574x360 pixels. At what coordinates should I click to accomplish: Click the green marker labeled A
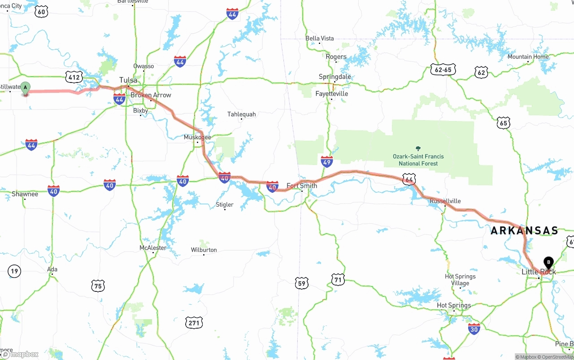26,88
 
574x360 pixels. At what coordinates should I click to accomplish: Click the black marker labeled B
548,262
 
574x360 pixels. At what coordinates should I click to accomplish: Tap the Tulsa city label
128,80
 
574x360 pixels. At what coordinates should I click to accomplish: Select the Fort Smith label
302,186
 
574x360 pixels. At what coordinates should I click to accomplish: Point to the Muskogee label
197,137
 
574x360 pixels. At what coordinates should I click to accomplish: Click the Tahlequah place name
242,114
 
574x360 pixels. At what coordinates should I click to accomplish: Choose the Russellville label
445,201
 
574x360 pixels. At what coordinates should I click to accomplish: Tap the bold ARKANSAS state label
524,231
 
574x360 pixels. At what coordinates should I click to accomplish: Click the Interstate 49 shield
327,162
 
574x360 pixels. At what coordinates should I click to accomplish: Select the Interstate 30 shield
474,329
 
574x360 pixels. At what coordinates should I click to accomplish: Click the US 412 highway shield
74,77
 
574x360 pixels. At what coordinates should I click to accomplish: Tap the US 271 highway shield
194,322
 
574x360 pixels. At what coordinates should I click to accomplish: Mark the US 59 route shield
302,283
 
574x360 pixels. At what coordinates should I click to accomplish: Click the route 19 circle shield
14,271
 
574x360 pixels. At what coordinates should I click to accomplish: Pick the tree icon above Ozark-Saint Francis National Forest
418,148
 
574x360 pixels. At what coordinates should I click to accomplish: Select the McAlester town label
153,248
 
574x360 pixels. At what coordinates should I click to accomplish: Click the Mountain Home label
528,57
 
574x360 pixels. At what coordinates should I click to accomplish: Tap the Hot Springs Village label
460,280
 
